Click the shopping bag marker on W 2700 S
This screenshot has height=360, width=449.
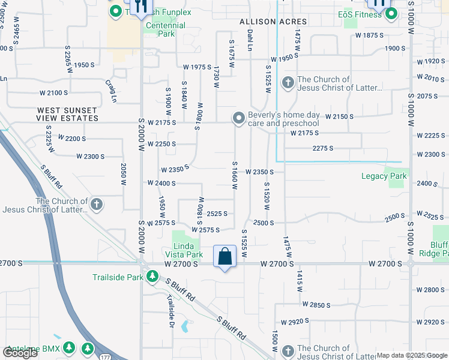pyautogui.click(x=224, y=256)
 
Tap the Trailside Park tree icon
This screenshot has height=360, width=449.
pyautogui.click(x=152, y=277)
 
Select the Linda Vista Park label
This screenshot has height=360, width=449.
pyautogui.click(x=184, y=250)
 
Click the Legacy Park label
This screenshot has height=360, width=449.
pyautogui.click(x=384, y=176)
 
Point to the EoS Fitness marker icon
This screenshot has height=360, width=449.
pyautogui.click(x=391, y=13)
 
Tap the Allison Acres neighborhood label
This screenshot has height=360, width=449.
pyautogui.click(x=273, y=22)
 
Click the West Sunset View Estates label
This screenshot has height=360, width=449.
pyautogui.click(x=67, y=114)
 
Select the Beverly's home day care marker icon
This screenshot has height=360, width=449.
pyautogui.click(x=239, y=118)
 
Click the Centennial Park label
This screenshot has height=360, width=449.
pyautogui.click(x=162, y=30)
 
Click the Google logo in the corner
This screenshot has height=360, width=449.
pyautogui.click(x=20, y=353)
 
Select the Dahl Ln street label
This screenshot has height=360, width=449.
pyautogui.click(x=250, y=38)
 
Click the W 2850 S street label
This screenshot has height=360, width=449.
pyautogui.click(x=316, y=305)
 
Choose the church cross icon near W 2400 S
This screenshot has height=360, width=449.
pyautogui.click(x=96, y=205)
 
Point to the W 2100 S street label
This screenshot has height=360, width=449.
pyautogui.click(x=53, y=92)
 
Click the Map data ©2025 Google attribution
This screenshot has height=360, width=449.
pyautogui.click(x=411, y=355)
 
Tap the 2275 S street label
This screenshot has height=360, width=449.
pyautogui.click(x=322, y=148)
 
